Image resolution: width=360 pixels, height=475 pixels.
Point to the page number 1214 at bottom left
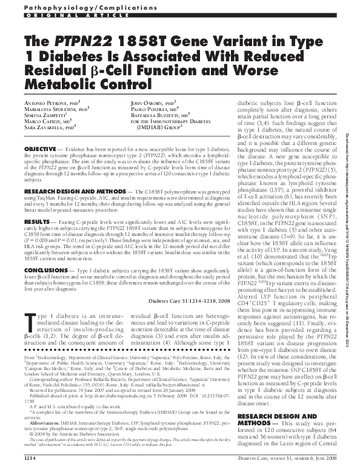32,467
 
